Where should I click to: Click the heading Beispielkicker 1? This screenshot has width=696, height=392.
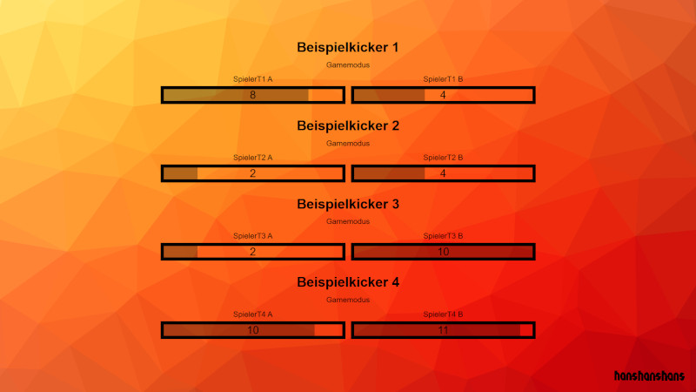pos(348,47)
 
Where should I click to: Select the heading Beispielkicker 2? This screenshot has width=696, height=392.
pos(348,125)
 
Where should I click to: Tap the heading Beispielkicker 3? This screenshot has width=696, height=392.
pos(348,204)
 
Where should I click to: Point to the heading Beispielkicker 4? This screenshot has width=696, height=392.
pos(348,282)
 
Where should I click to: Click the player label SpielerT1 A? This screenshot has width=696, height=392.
pos(253,79)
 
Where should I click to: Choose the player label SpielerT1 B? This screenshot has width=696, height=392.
pos(443,79)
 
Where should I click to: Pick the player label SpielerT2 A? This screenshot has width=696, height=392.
pos(253,158)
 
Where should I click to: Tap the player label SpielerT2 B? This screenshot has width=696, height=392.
pos(443,158)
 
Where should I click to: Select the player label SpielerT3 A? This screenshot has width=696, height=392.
pos(253,236)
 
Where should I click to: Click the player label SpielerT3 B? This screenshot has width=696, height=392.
pos(443,236)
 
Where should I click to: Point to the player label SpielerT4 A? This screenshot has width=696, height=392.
pos(253,314)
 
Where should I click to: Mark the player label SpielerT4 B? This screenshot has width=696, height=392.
pos(443,314)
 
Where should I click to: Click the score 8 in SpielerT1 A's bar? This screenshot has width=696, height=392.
pos(253,95)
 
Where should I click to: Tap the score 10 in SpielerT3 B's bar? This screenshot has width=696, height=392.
pos(443,252)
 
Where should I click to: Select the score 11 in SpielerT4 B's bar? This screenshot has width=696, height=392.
pos(443,330)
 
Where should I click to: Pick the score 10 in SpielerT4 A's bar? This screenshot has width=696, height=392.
pos(253,330)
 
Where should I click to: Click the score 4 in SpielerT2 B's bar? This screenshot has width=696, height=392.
pos(443,173)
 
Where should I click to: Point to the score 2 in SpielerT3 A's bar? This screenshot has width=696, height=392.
pos(253,252)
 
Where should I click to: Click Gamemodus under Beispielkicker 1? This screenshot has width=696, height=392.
pos(348,64)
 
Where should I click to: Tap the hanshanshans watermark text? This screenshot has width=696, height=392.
pos(649,376)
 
